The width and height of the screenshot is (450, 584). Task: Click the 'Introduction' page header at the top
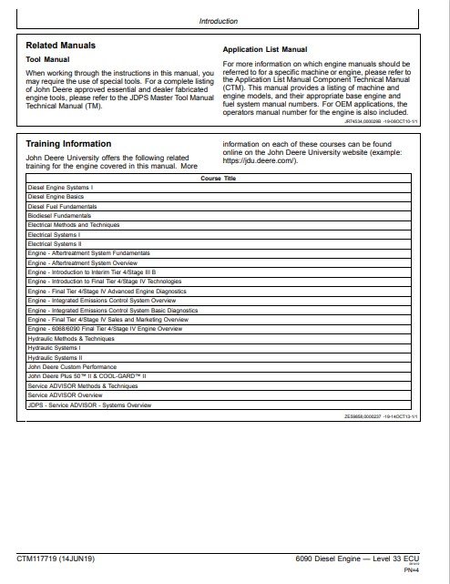[x=218, y=21]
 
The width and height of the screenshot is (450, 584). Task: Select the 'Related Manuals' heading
[x=60, y=45]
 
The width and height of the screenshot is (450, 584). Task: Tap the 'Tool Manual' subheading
[x=47, y=59]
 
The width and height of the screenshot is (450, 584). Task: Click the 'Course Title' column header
[x=218, y=179]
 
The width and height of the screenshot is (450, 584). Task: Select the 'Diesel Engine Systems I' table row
[x=61, y=187]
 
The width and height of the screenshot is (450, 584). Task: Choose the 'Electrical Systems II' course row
[x=55, y=244]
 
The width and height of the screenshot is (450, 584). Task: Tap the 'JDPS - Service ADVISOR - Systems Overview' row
[x=89, y=405]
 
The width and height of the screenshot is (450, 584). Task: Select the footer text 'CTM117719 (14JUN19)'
[x=62, y=557]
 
